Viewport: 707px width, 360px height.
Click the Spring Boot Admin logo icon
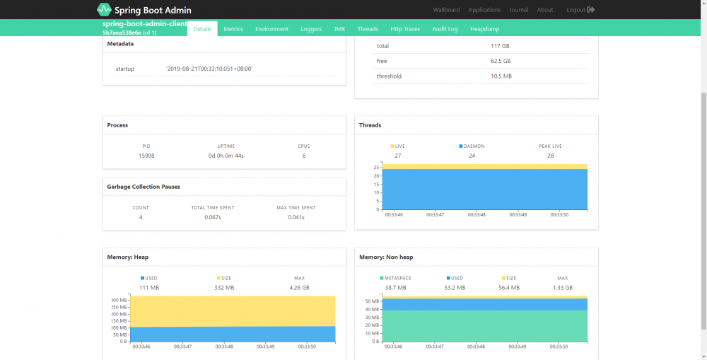pyautogui.click(x=104, y=10)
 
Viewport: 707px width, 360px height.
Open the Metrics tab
pyautogui.click(x=233, y=29)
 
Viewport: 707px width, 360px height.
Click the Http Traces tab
pyautogui.click(x=405, y=29)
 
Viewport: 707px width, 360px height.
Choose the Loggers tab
pyautogui.click(x=310, y=29)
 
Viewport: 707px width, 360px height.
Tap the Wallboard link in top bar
pyautogui.click(x=445, y=10)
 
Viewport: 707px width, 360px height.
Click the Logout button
pyautogui.click(x=580, y=10)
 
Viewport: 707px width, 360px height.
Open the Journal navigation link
pyautogui.click(x=518, y=10)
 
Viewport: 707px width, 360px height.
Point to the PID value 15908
pyautogui.click(x=146, y=156)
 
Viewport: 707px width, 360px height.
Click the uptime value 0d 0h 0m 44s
pyautogui.click(x=225, y=156)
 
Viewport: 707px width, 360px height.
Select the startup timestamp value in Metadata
pyautogui.click(x=209, y=69)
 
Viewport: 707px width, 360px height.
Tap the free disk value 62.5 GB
pyautogui.click(x=501, y=61)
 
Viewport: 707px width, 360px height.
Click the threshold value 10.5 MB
pyautogui.click(x=501, y=76)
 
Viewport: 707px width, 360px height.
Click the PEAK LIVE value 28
pyautogui.click(x=550, y=156)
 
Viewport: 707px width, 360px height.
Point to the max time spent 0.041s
pyautogui.click(x=296, y=217)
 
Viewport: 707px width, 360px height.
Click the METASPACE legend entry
pyautogui.click(x=396, y=278)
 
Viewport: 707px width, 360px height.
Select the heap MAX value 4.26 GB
pyautogui.click(x=299, y=288)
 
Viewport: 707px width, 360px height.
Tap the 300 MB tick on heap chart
pyautogui.click(x=118, y=300)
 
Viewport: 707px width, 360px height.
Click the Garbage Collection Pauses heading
pyautogui.click(x=144, y=187)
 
